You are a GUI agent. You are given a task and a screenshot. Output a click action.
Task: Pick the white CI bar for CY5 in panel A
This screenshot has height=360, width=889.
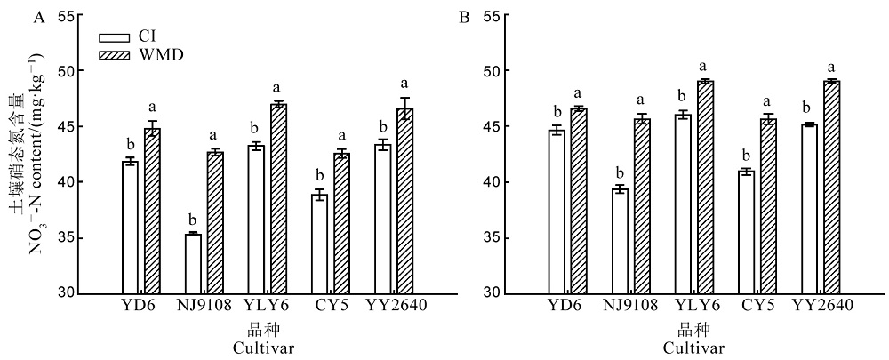319,244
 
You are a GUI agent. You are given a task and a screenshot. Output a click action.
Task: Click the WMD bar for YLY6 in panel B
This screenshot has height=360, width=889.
702,188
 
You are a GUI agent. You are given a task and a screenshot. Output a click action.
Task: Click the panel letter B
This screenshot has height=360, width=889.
462,16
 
